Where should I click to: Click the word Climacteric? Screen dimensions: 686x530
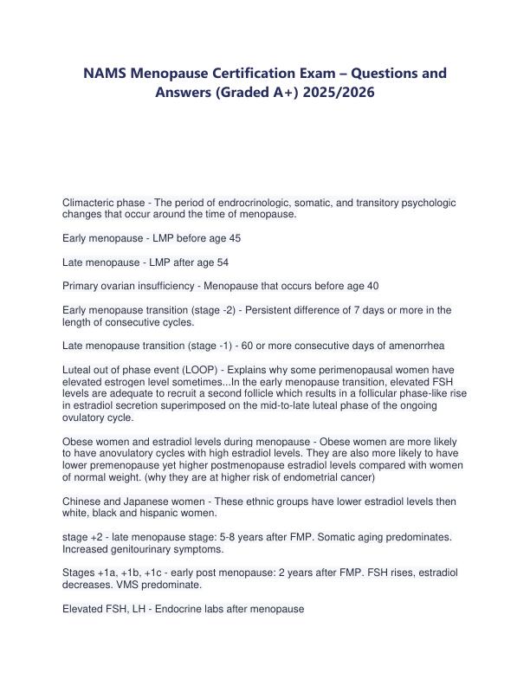click(x=91, y=202)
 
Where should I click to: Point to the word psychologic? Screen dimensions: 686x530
click(x=423, y=202)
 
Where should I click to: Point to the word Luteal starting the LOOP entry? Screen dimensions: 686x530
click(x=79, y=369)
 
